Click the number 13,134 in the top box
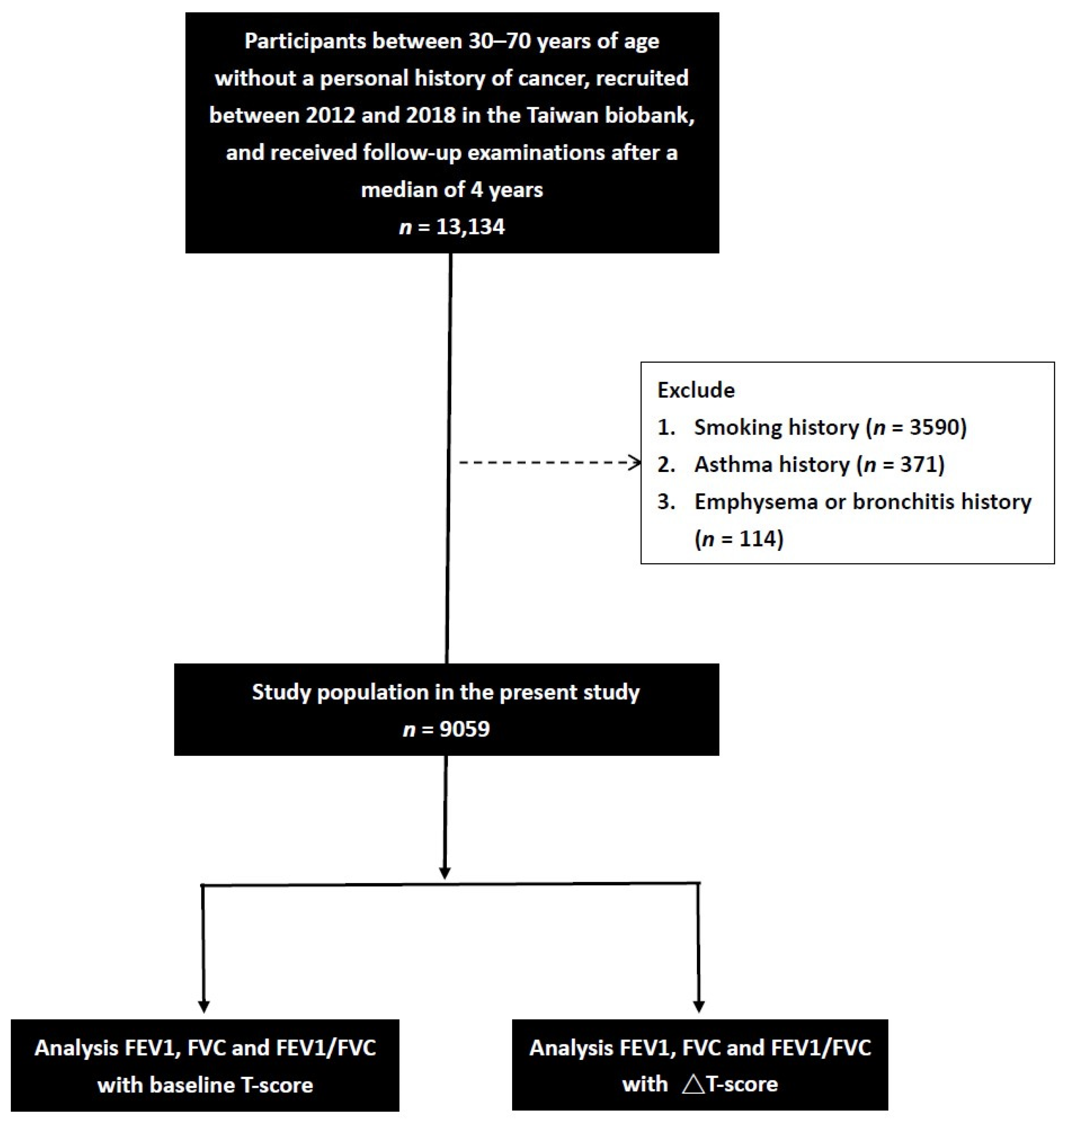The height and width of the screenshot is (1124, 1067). (470, 227)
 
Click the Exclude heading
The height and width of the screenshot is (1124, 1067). (696, 390)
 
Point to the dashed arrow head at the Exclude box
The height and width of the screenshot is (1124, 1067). (636, 462)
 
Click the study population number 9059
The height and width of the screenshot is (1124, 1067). (465, 729)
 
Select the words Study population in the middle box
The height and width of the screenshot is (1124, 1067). (340, 692)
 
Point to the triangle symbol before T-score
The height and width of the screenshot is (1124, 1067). (693, 1084)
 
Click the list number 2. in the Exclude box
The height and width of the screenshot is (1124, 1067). (666, 465)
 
